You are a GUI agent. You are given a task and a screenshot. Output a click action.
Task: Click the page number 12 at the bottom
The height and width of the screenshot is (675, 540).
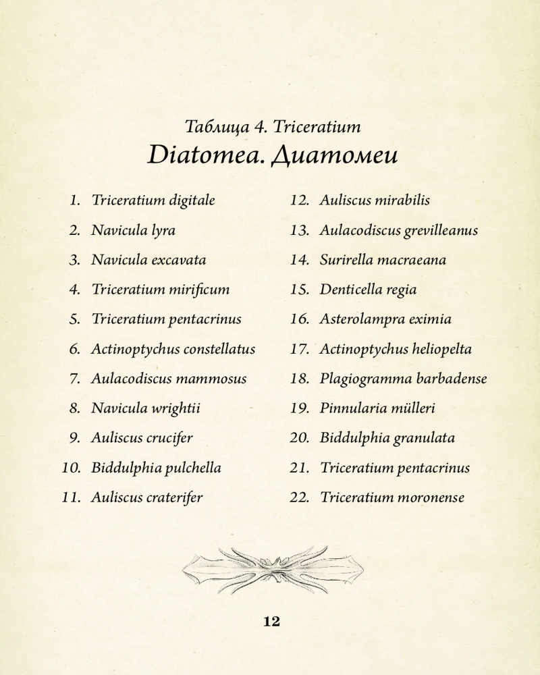tap(271, 622)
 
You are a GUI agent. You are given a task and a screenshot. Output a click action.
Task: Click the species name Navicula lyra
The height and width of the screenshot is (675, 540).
tap(133, 230)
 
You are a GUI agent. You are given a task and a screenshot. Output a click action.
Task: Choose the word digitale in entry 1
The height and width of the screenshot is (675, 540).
tap(192, 200)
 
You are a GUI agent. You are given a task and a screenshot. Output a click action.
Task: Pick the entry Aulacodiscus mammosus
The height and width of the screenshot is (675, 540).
tap(169, 379)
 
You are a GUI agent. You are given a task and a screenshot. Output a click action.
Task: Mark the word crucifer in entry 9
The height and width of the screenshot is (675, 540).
tap(169, 438)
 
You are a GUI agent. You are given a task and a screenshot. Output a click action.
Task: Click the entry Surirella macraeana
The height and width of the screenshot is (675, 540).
tap(383, 260)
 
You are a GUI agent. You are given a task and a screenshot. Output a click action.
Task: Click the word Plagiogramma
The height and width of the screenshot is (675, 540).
tap(362, 379)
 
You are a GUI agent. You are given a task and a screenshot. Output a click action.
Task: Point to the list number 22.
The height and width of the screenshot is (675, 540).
tap(300, 497)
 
